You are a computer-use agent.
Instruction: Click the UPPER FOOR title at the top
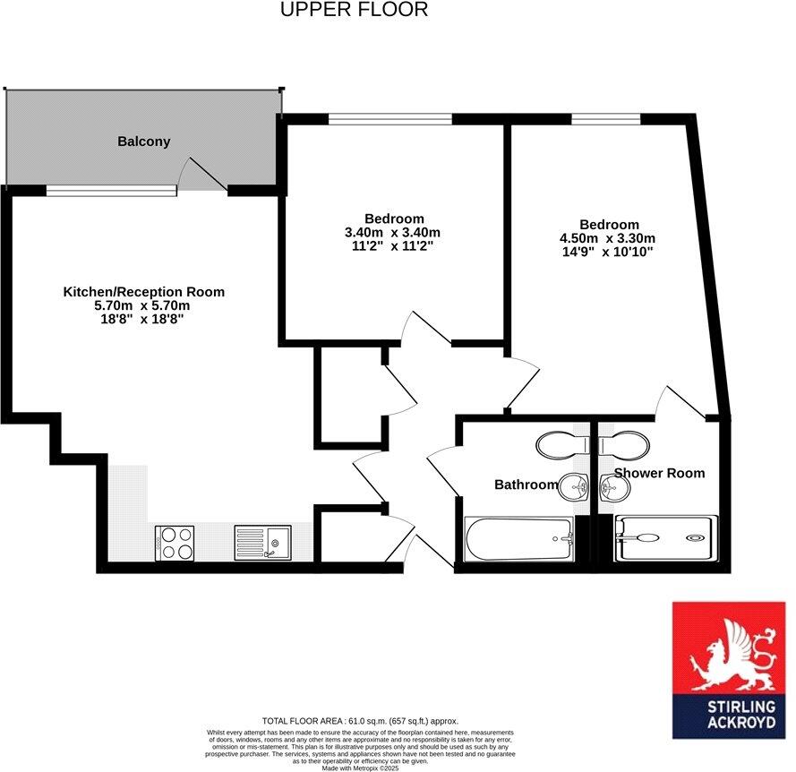[354, 10]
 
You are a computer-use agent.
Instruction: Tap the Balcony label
[143, 142]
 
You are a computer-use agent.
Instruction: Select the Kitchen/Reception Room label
[143, 292]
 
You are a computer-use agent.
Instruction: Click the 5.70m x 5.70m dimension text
[143, 305]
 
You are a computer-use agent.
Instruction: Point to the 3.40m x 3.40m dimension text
[394, 233]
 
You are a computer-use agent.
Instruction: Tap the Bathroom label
[526, 485]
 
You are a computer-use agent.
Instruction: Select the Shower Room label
[659, 473]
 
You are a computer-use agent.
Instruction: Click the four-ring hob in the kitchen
[175, 542]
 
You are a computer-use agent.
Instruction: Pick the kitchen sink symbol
[262, 542]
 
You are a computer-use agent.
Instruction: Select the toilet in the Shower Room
[622, 444]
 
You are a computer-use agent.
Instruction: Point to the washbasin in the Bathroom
[572, 487]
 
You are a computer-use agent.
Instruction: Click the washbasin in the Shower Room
[614, 487]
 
